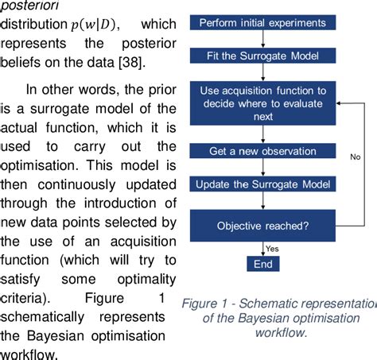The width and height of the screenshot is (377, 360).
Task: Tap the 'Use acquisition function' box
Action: click(260, 104)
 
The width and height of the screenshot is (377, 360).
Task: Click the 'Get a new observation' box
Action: click(260, 151)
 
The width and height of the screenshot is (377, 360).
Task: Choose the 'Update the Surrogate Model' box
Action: click(260, 185)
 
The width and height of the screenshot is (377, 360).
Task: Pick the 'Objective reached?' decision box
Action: click(260, 226)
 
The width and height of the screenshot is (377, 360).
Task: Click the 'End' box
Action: click(260, 264)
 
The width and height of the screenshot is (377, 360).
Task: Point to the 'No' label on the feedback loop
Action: click(355, 157)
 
